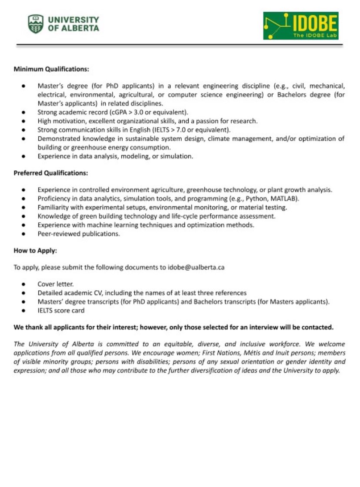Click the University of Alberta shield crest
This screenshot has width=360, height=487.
pos(36,24)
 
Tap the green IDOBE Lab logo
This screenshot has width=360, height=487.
pos(300,26)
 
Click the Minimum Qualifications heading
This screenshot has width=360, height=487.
pos(51,69)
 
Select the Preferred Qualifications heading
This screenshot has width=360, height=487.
pos(50,173)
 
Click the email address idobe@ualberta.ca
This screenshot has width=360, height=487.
pos(196,268)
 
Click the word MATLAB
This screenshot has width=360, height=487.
pos(284,199)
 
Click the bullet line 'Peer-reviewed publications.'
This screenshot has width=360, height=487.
pos(78,234)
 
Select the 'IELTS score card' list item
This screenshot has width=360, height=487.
pos(61,310)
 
